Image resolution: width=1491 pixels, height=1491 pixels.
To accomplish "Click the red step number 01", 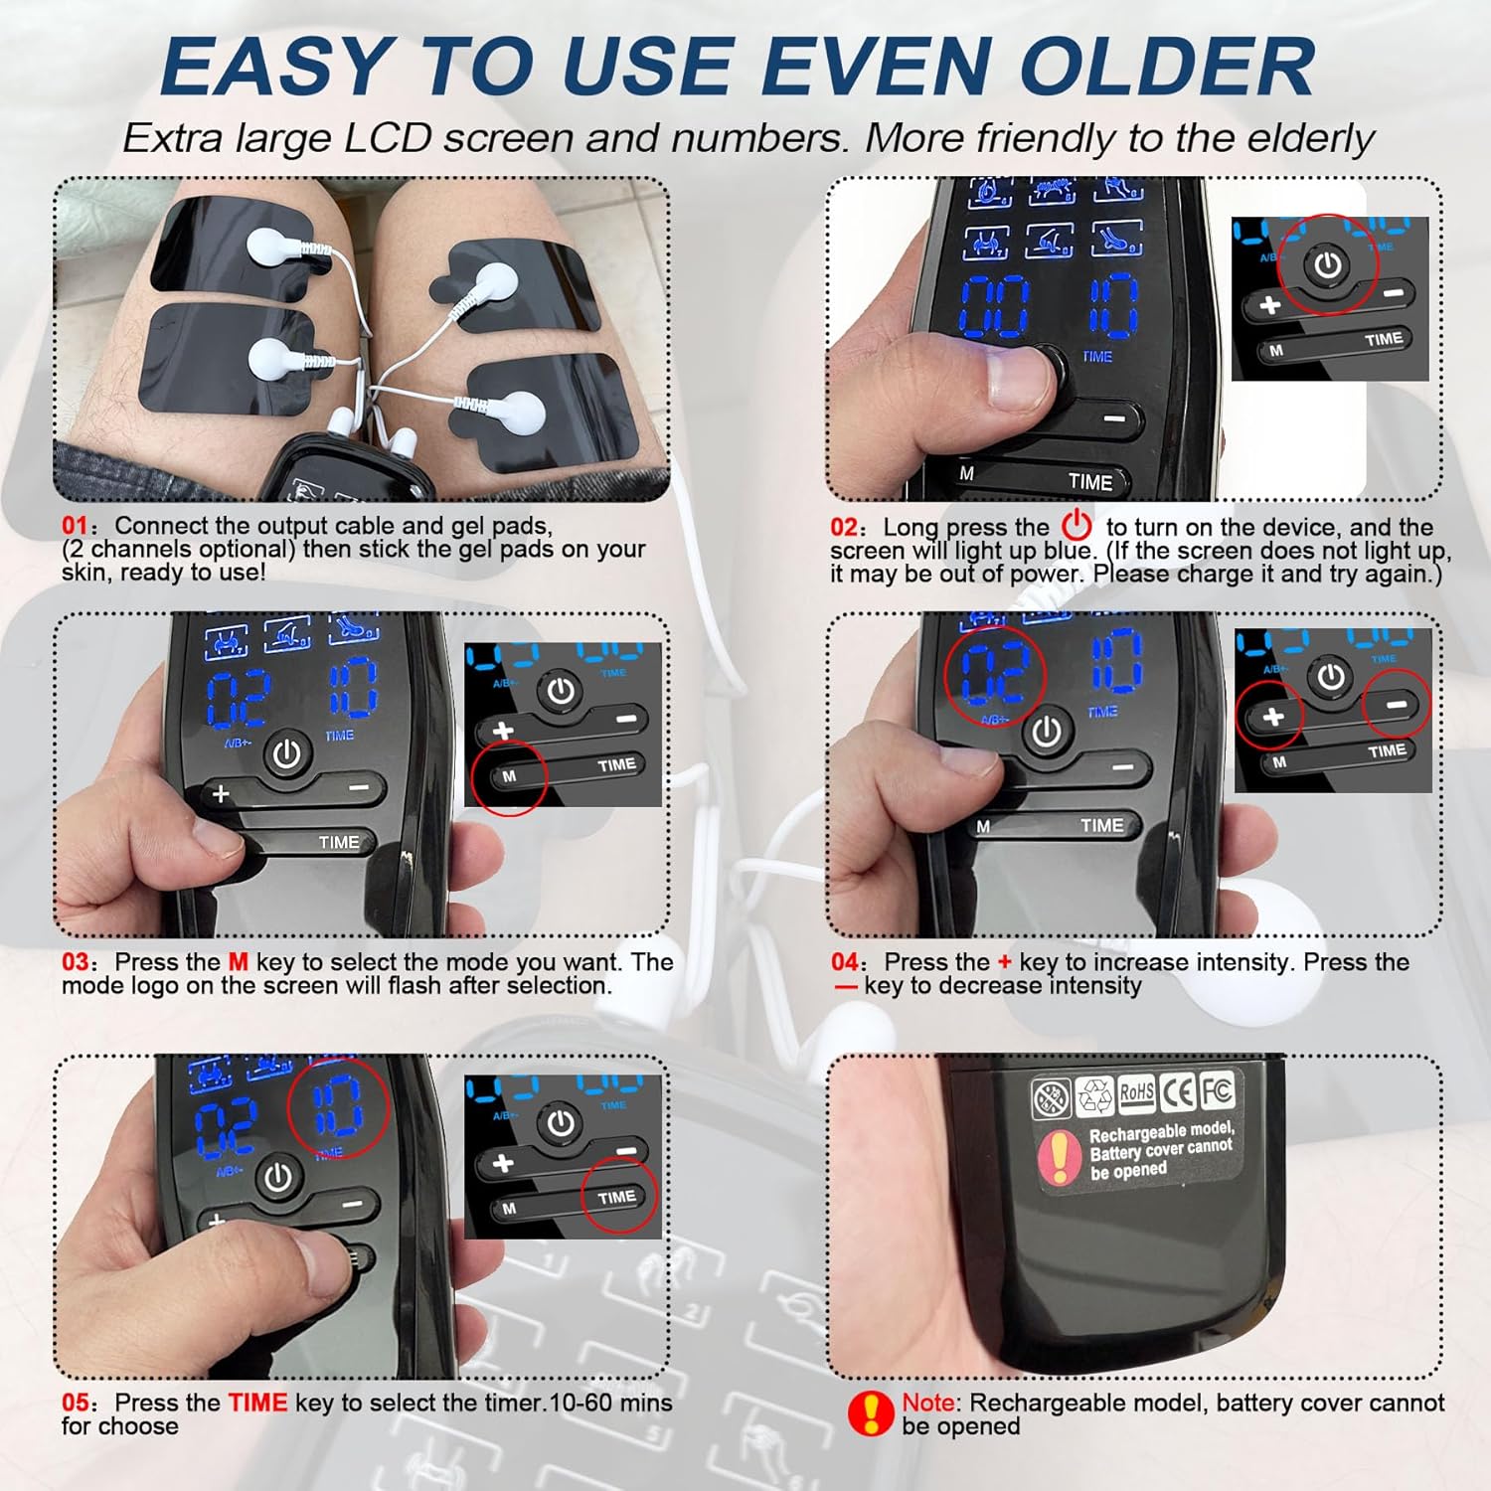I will (x=75, y=526).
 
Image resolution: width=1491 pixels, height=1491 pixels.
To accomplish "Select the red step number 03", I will (x=76, y=962).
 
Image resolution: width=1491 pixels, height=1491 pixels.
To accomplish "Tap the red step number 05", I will (x=76, y=1403).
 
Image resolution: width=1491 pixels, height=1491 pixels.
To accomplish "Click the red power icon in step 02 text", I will (x=1077, y=525).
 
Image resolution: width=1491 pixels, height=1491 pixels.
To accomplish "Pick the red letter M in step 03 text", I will (x=238, y=962).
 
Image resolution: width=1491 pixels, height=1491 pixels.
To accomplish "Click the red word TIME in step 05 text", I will (x=257, y=1403).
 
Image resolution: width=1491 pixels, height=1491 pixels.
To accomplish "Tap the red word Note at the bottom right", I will (x=927, y=1403).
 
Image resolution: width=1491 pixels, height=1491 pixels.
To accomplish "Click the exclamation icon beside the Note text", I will (x=871, y=1413).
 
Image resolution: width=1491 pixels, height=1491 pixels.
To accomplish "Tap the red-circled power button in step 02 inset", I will (x=1328, y=265).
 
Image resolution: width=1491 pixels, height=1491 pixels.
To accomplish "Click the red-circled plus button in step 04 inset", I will (x=1272, y=717).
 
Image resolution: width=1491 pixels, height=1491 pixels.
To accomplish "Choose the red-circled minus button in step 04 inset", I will (x=1397, y=705).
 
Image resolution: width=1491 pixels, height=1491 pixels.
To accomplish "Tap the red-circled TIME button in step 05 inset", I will (x=617, y=1198).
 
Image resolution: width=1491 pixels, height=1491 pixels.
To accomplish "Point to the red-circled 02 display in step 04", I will (x=994, y=675).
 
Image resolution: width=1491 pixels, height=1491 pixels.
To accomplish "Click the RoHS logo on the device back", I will (x=1136, y=1092).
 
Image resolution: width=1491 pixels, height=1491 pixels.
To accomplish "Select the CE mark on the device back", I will (x=1178, y=1091).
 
